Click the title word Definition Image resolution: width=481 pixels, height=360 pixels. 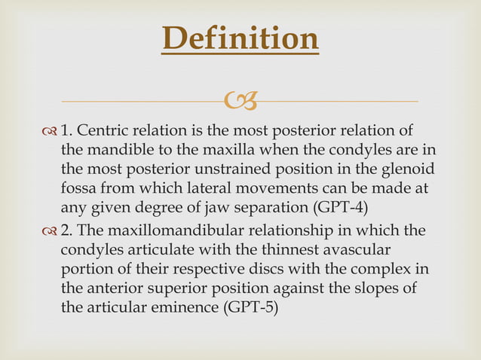pos(240,39)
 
